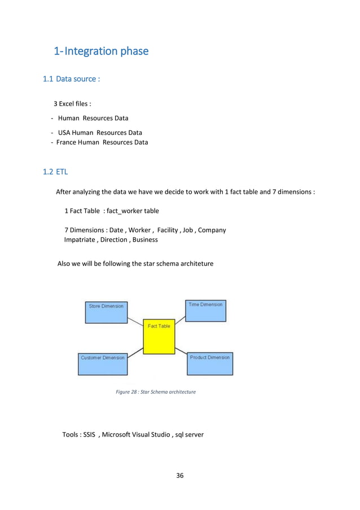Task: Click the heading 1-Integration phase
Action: click(x=101, y=51)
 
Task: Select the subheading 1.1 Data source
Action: click(x=72, y=79)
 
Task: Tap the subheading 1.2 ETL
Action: click(x=55, y=172)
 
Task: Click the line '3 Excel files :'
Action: click(x=73, y=104)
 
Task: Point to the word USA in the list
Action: click(x=65, y=133)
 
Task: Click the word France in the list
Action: click(x=67, y=142)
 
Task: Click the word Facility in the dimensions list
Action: click(x=168, y=230)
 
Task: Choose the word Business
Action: click(x=145, y=239)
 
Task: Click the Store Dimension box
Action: click(x=106, y=312)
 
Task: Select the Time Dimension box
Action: click(x=205, y=311)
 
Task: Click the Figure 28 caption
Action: click(x=156, y=391)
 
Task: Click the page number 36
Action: click(x=180, y=475)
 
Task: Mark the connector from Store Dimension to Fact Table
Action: click(x=135, y=322)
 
